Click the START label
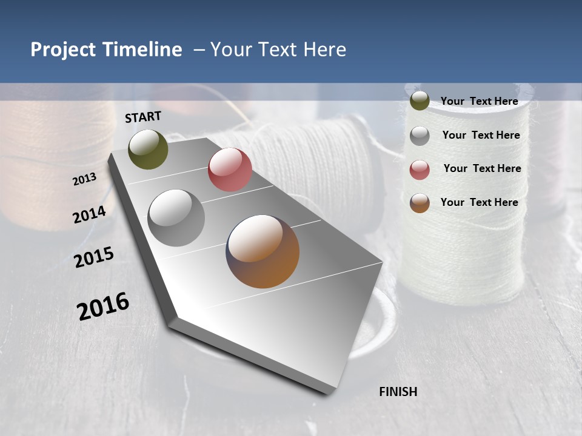[143, 117]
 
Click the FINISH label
[398, 392]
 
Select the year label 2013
[84, 179]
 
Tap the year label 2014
[89, 215]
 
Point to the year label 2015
[93, 257]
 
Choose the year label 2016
[103, 306]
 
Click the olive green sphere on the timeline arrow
[148, 149]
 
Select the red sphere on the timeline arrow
[230, 170]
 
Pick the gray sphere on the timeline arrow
[176, 217]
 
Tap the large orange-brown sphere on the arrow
[263, 251]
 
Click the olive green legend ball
[420, 101]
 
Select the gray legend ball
[420, 136]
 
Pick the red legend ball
[420, 170]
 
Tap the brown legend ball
[420, 203]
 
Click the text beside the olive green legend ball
[479, 101]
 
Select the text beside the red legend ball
[482, 168]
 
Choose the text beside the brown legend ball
[479, 202]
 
